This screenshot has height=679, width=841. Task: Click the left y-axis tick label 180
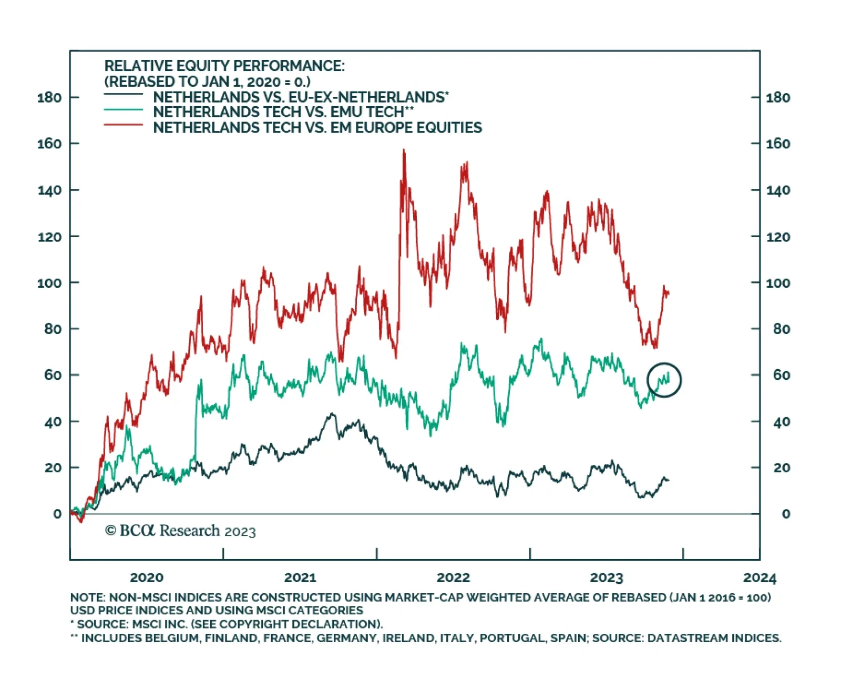49,97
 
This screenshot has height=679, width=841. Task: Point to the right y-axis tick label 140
778,190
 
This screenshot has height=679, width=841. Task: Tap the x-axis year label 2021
300,577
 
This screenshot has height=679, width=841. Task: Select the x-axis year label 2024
760,577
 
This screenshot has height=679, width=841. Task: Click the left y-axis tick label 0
57,514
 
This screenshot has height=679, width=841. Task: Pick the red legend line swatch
124,125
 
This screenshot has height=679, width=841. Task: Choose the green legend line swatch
124,110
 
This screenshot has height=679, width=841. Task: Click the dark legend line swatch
124,95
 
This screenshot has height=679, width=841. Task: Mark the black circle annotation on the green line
664,380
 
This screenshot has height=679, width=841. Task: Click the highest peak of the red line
404,150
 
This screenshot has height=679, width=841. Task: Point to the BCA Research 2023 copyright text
180,531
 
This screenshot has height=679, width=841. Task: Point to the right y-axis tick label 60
781,375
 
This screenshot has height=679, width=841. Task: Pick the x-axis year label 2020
147,577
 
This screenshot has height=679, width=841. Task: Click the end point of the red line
669,294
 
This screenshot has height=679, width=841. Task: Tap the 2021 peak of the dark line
332,414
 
